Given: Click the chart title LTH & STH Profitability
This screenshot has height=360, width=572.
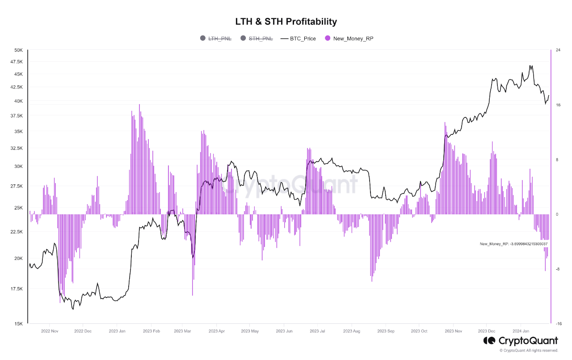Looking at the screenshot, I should coord(286,21).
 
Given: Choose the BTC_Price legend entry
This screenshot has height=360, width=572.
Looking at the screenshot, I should coord(303,38).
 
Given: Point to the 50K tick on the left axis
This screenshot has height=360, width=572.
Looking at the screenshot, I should coord(18,50).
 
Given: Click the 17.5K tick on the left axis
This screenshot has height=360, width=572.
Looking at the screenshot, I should coord(16,289).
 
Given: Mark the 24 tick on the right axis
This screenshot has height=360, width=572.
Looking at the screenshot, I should coord(558,50).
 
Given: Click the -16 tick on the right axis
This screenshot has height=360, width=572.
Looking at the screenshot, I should coord(558,323).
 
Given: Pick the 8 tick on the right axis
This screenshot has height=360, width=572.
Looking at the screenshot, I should coord(557,160).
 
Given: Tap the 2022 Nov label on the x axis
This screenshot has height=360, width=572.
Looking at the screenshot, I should coord(50,331).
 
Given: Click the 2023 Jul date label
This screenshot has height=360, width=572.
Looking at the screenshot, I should coord(317,331).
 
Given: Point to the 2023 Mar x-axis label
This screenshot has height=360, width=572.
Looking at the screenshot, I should coord(183,331).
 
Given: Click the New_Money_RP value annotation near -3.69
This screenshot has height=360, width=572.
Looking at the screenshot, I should coord(513,244).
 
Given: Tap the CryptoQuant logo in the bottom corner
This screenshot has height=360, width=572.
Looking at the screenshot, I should coord(520,341).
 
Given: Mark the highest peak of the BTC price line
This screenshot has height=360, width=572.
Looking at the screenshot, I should coord(530,65).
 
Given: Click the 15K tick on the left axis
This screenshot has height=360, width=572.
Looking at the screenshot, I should coord(18,323).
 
